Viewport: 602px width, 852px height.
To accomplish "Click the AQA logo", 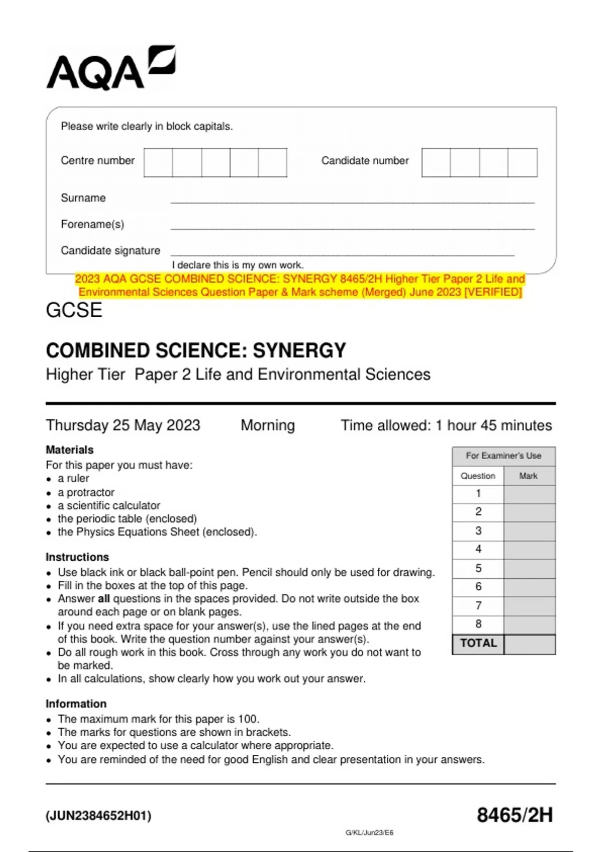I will (x=110, y=69).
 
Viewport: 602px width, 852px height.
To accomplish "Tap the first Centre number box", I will (x=158, y=162).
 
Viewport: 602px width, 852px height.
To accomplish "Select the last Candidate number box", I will (x=522, y=162).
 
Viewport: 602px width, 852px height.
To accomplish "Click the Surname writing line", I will (x=352, y=198).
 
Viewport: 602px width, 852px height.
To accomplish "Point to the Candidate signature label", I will (x=110, y=251).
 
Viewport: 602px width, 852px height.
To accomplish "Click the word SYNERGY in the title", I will (x=299, y=351).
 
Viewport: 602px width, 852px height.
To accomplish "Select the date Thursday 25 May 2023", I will (x=123, y=425).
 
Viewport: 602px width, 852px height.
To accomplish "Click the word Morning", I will (x=267, y=425).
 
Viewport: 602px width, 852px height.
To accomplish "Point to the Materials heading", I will (x=70, y=450).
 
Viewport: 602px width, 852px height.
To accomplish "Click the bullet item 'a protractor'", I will (x=86, y=492).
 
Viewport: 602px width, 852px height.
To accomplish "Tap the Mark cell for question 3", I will (x=529, y=531).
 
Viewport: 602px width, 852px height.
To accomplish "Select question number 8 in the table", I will (x=478, y=624).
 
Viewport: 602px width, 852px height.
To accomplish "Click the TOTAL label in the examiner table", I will (x=478, y=644).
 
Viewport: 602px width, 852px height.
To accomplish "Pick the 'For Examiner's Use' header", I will (x=503, y=456).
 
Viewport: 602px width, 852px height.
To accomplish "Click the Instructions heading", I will (x=77, y=557).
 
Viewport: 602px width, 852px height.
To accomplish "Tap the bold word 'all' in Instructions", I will (x=103, y=599).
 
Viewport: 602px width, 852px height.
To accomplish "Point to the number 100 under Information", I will (x=248, y=719).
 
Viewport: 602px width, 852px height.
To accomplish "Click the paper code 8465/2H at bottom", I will (x=514, y=815).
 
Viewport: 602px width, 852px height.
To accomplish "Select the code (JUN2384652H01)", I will (x=98, y=816).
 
